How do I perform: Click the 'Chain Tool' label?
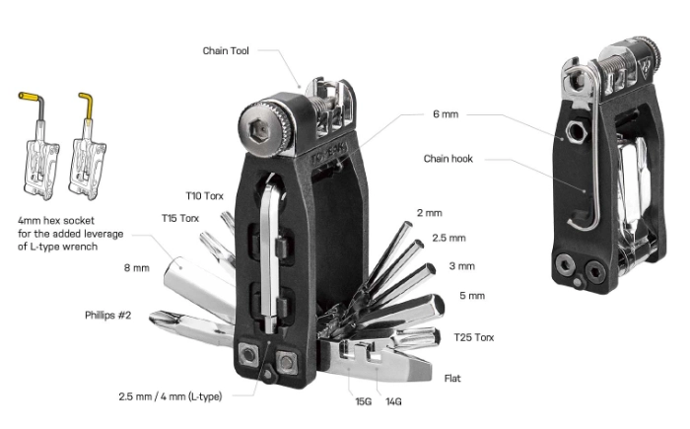point(226,51)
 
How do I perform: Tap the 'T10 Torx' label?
point(204,196)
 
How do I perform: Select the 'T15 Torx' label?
point(180,218)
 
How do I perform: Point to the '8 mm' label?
point(136,268)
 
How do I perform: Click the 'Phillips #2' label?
point(107,316)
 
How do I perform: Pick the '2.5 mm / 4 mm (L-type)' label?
point(170,396)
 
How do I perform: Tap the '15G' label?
point(364,401)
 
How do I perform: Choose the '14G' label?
point(393,401)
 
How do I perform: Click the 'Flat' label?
point(452,379)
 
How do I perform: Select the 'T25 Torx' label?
point(473,337)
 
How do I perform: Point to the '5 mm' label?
point(472,296)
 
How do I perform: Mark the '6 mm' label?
point(446,114)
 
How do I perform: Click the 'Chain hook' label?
point(448,159)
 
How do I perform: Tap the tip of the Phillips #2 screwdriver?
point(153,316)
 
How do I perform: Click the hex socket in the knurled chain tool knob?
point(259,131)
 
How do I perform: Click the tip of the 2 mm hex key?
point(408,225)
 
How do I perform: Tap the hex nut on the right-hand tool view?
point(576,132)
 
